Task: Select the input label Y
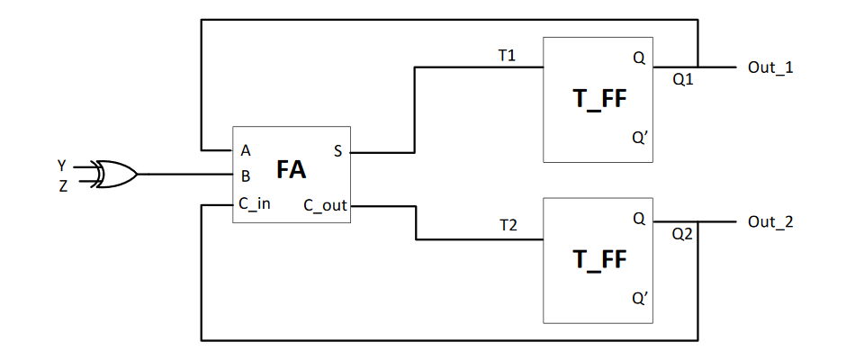pyautogui.click(x=62, y=166)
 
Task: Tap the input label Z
pyautogui.click(x=63, y=186)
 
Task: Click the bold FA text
pyautogui.click(x=291, y=170)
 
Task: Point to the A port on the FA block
pyautogui.click(x=246, y=150)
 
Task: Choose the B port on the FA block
pyautogui.click(x=245, y=176)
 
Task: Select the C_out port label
pyautogui.click(x=325, y=205)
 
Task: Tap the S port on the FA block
pyautogui.click(x=337, y=151)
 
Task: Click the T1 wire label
pyautogui.click(x=507, y=56)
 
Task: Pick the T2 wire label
pyautogui.click(x=508, y=225)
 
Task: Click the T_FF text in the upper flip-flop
pyautogui.click(x=598, y=99)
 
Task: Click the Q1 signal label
pyautogui.click(x=683, y=79)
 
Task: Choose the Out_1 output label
pyautogui.click(x=770, y=67)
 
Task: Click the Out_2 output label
pyautogui.click(x=770, y=222)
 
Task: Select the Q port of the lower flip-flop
pyautogui.click(x=639, y=218)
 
